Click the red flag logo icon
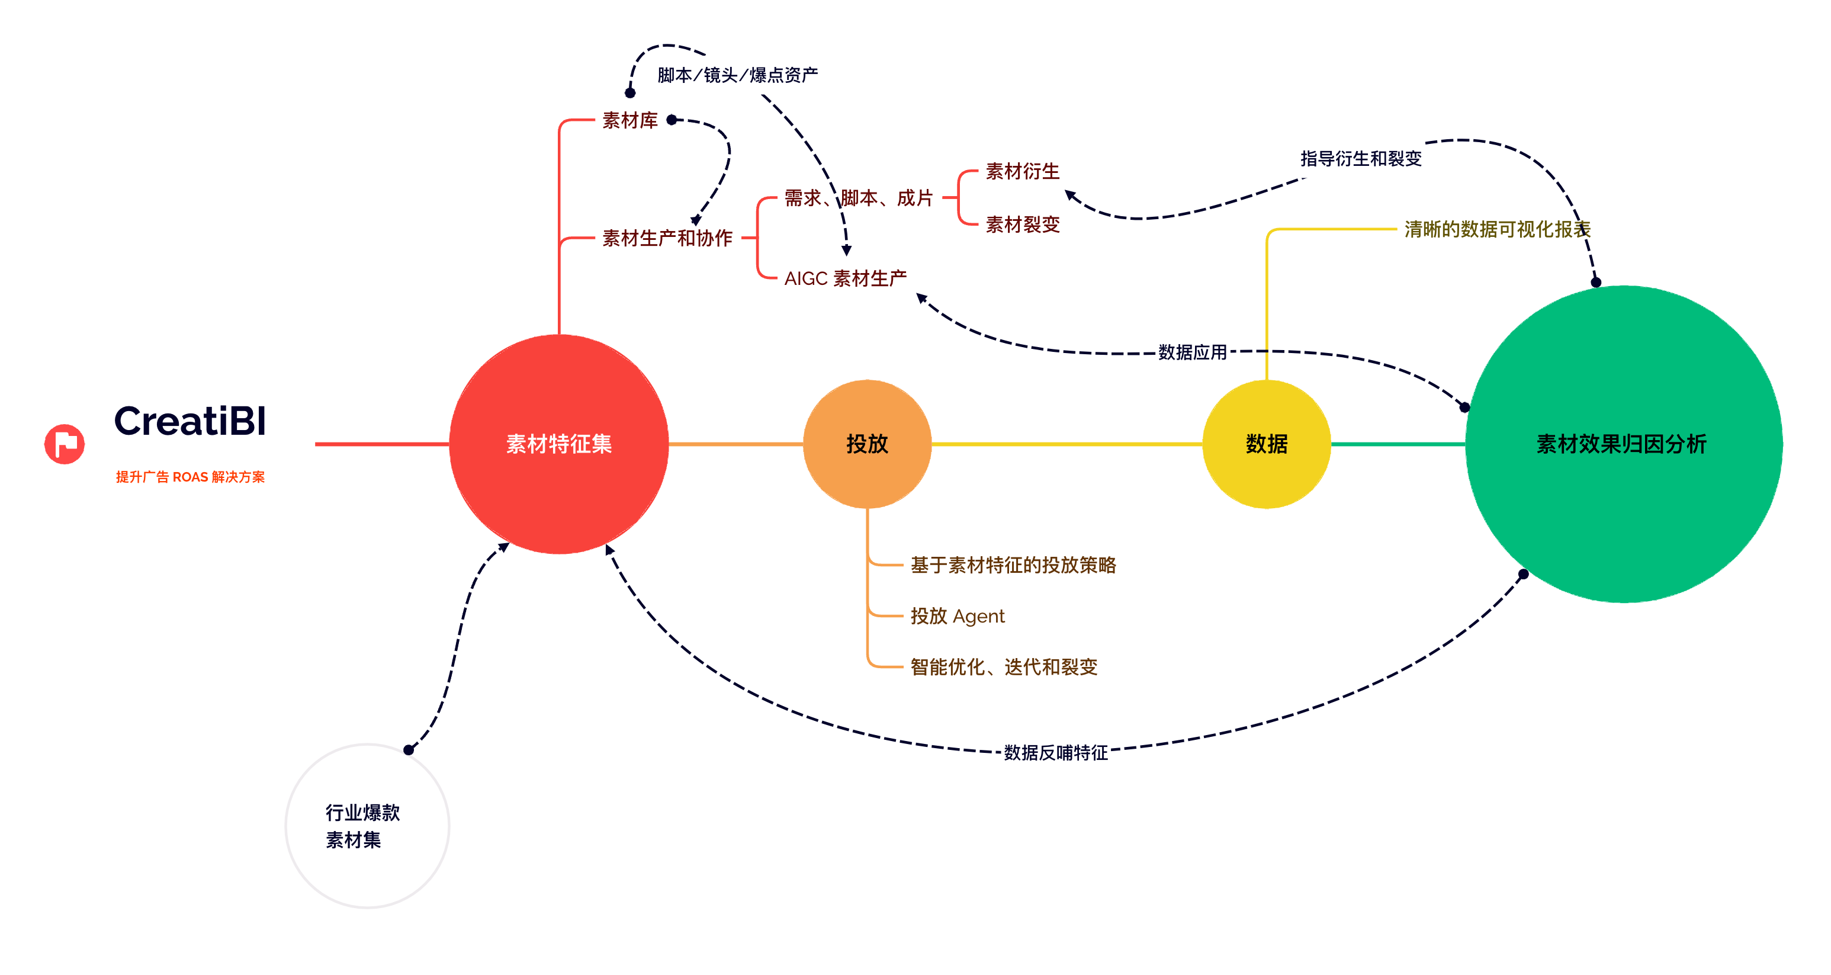(x=65, y=444)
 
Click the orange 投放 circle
(x=866, y=444)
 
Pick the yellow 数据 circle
(x=1266, y=444)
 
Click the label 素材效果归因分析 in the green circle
(x=1621, y=444)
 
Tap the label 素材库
(x=629, y=120)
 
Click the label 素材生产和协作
(x=667, y=238)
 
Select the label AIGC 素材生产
(x=845, y=278)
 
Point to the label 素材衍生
(x=1022, y=171)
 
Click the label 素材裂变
(x=1022, y=224)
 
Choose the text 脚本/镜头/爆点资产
(x=737, y=75)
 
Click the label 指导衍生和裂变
(x=1360, y=159)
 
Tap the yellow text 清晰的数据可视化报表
(x=1497, y=229)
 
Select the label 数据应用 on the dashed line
(x=1192, y=352)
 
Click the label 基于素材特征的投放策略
(x=1013, y=565)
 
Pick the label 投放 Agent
(x=958, y=616)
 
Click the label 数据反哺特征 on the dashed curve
(x=1055, y=752)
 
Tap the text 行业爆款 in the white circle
(x=362, y=812)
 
